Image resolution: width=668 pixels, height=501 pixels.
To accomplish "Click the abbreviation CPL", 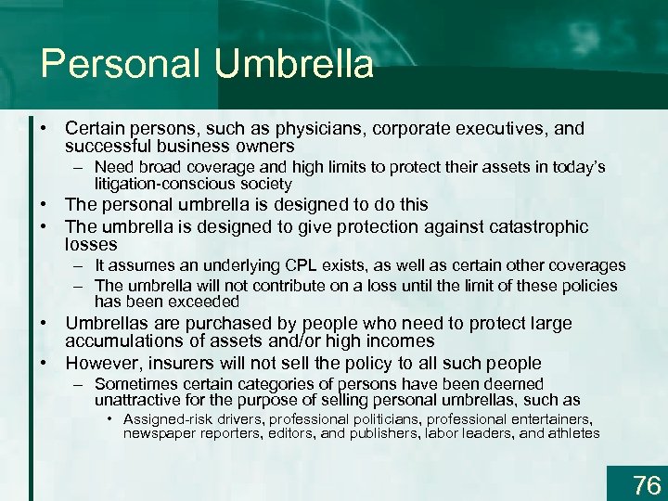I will click(x=323, y=266).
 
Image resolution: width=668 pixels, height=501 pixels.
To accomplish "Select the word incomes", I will click(x=399, y=341).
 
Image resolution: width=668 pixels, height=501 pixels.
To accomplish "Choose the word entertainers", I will click(x=556, y=419).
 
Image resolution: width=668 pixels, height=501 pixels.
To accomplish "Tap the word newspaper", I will click(x=160, y=433).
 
